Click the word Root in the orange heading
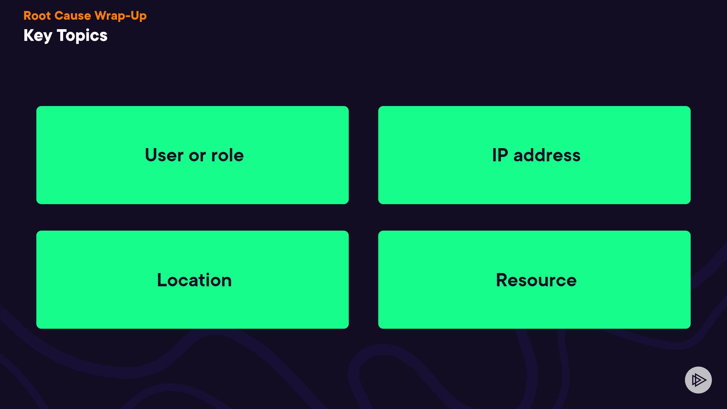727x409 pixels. tap(37, 16)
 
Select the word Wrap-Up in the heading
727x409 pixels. tap(120, 16)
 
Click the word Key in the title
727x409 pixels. tap(37, 36)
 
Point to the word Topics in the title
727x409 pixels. tap(82, 36)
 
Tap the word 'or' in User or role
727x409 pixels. tap(197, 156)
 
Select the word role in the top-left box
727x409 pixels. tap(227, 155)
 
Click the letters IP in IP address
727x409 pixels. tap(500, 155)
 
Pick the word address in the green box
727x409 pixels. tap(547, 155)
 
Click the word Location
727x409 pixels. tap(194, 280)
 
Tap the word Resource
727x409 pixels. tap(536, 280)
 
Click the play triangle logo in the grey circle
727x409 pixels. tap(699, 380)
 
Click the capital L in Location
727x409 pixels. tap(161, 280)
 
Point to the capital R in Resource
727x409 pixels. tap(502, 280)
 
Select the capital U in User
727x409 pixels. tap(151, 155)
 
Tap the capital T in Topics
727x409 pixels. tap(62, 35)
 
